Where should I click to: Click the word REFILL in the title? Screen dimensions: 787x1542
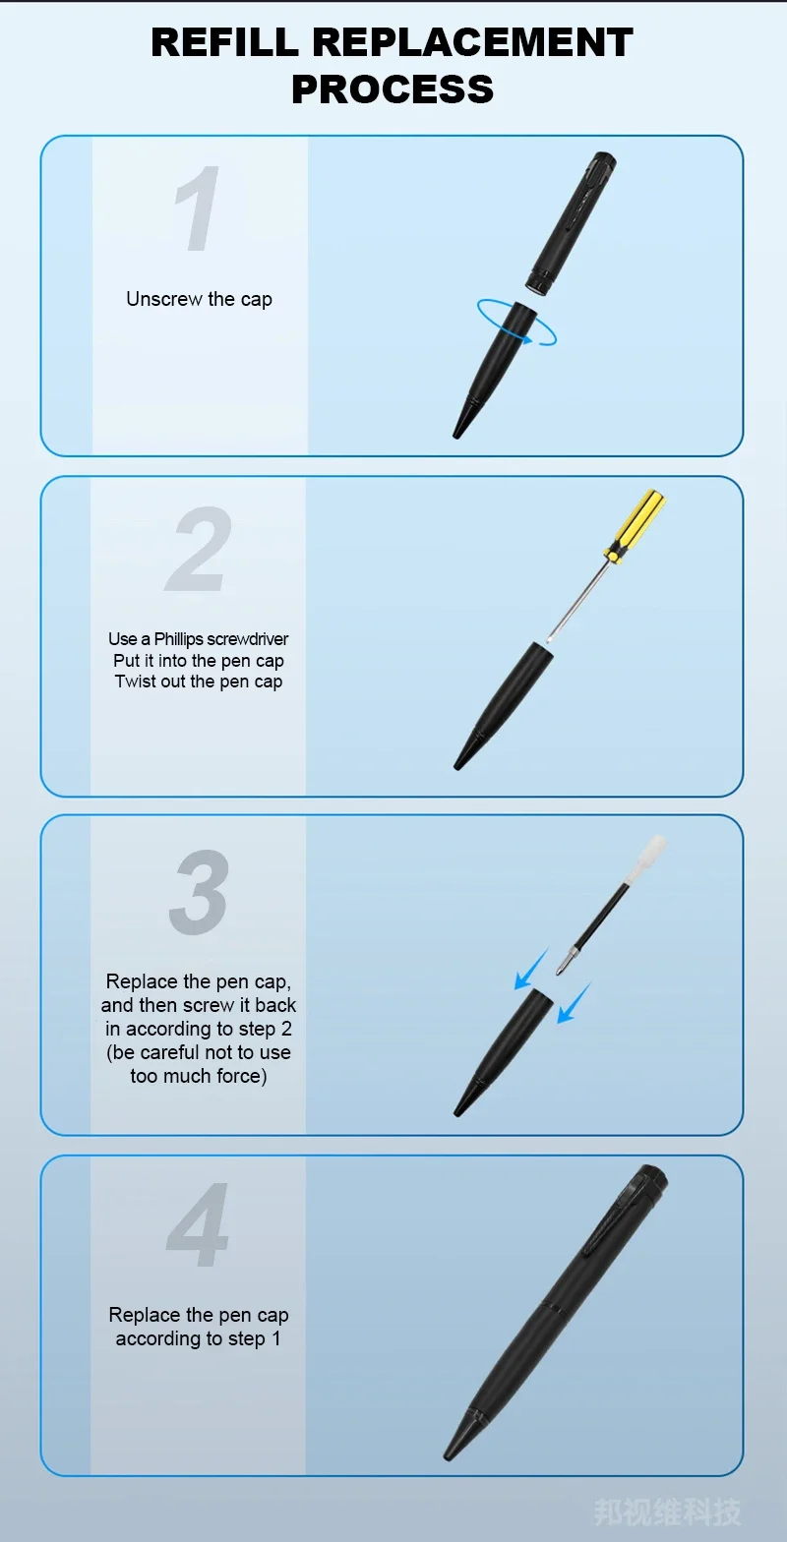[x=225, y=42]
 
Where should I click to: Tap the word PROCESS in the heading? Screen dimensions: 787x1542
[x=393, y=89]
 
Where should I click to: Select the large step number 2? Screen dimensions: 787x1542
[x=199, y=549]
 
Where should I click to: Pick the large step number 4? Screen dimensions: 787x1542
[x=198, y=1224]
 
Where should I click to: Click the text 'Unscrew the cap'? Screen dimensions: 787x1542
[x=199, y=299]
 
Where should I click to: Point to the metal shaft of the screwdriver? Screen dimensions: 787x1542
[x=578, y=598]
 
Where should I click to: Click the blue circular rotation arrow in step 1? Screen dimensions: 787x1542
[x=516, y=322]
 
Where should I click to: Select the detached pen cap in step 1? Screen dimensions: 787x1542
[x=572, y=224]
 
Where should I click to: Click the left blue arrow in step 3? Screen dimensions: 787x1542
[x=531, y=970]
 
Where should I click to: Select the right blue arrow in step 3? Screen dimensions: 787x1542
[x=574, y=1002]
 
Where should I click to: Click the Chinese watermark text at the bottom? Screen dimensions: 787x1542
[x=667, y=1512]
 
